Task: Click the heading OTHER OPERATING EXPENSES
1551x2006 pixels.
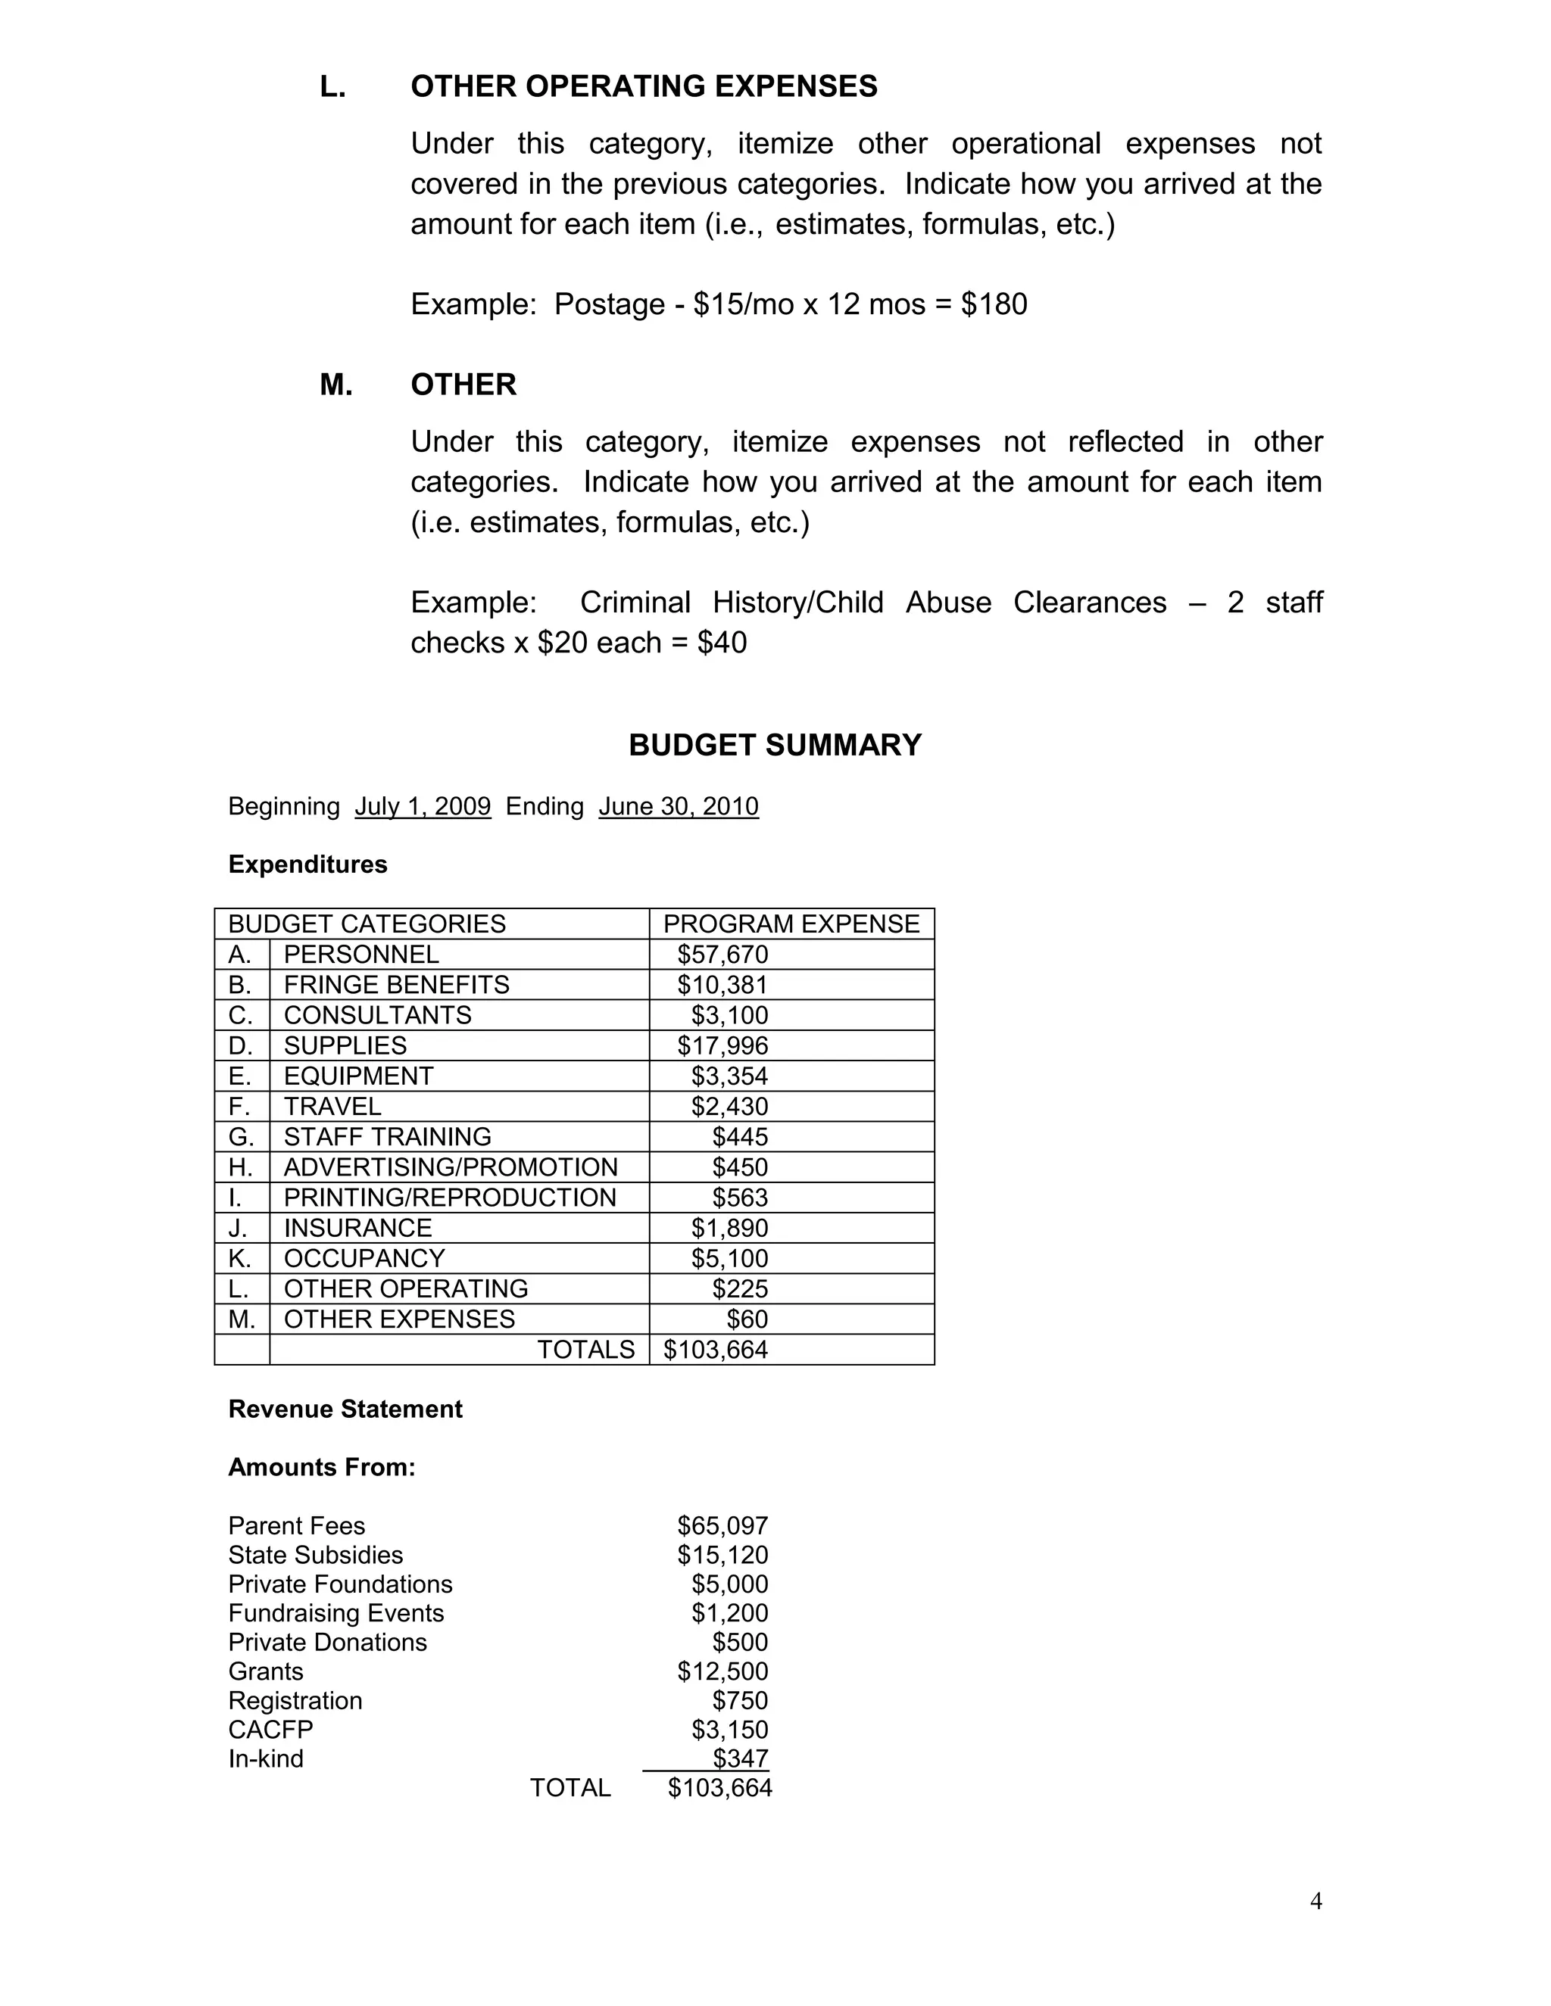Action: [643, 86]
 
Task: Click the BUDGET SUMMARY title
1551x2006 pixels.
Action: [775, 745]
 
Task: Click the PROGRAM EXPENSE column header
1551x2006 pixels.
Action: [791, 924]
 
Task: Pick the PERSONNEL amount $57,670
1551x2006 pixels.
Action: [722, 955]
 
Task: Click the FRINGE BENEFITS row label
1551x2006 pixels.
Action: [396, 985]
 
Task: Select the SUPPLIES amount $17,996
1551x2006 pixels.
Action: [722, 1045]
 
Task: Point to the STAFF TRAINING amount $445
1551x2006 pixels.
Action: [740, 1137]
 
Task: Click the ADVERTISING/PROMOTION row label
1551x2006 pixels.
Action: [451, 1167]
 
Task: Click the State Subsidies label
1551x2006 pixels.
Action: [315, 1555]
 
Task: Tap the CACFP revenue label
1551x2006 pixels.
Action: [270, 1730]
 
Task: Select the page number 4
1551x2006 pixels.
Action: [1315, 1902]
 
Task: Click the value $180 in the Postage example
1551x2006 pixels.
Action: [994, 304]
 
